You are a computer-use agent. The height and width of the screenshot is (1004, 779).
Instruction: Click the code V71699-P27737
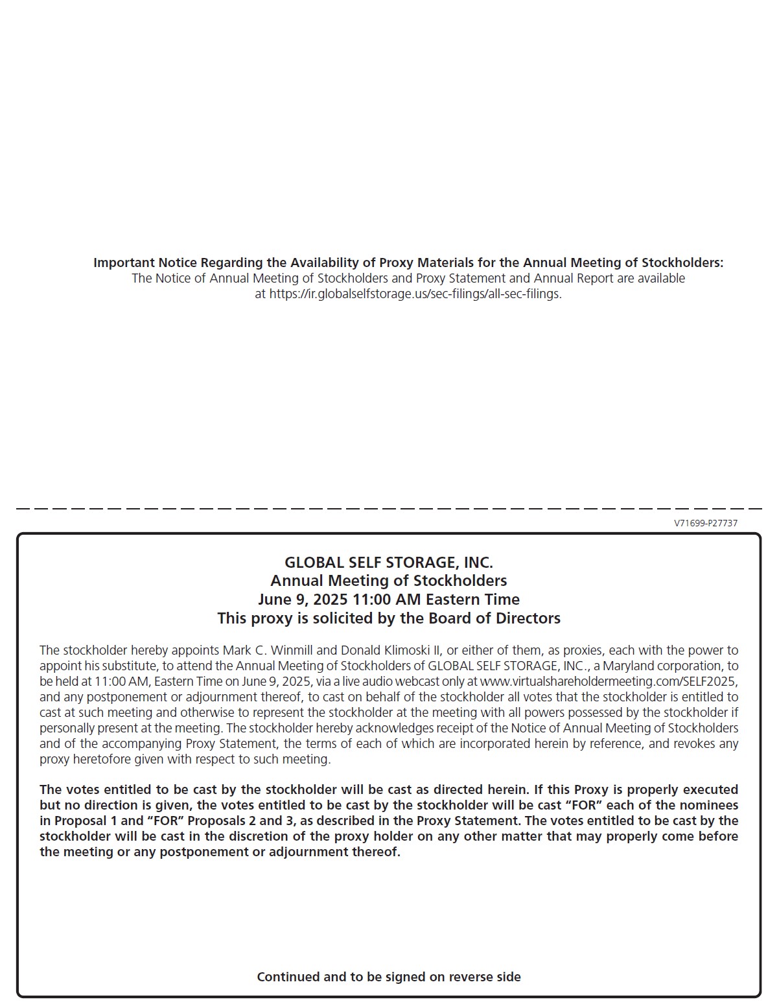pyautogui.click(x=705, y=523)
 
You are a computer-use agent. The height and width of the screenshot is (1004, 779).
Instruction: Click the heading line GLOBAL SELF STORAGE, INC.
pyautogui.click(x=389, y=562)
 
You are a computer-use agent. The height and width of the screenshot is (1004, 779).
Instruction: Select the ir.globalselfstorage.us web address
pyautogui.click(x=415, y=294)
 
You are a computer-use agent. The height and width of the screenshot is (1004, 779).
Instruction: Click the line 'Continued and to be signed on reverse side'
pyautogui.click(x=389, y=977)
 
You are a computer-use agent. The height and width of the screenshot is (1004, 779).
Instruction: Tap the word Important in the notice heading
pyautogui.click(x=124, y=263)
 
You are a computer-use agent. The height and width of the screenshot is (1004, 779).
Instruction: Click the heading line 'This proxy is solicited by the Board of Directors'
pyautogui.click(x=389, y=618)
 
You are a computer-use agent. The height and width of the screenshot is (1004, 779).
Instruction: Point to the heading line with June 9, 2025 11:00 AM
pyautogui.click(x=389, y=599)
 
